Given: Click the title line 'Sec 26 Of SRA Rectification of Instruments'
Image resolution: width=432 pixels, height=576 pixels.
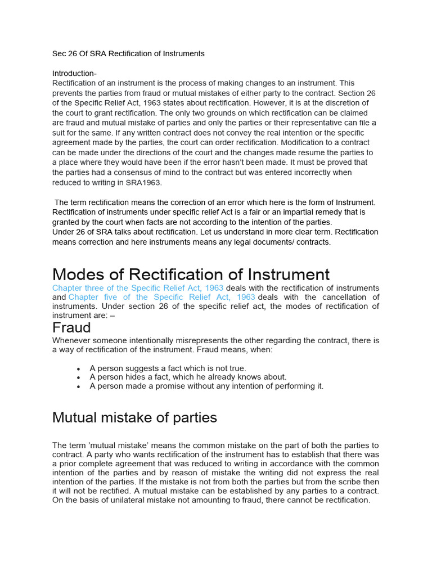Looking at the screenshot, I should (128, 54).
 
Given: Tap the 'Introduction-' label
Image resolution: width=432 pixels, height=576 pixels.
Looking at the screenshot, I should (74, 74).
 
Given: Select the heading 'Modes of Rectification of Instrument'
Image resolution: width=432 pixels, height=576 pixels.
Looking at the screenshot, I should (191, 274).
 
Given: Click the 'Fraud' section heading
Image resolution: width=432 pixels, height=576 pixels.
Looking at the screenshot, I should (71, 328).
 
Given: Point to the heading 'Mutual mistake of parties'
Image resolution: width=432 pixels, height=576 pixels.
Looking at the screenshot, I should (134, 418).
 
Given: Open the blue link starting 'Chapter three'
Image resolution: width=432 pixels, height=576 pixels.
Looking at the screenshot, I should (138, 288).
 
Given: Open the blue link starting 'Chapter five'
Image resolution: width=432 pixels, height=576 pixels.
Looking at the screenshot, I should (161, 297).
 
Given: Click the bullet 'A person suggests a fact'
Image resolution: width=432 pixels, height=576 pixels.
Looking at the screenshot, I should (168, 368).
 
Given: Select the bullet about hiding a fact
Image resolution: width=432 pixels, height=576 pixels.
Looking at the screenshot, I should (188, 377).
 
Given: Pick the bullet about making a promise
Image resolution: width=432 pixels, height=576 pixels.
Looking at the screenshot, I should (206, 386).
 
